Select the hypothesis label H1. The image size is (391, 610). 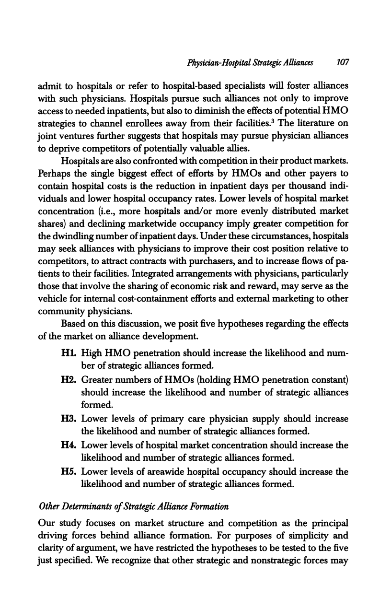[69, 353]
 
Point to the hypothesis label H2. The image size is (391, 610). [70, 380]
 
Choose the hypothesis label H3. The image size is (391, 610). [70, 419]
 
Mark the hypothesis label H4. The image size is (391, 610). [70, 446]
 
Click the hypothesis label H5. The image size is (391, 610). [70, 472]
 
